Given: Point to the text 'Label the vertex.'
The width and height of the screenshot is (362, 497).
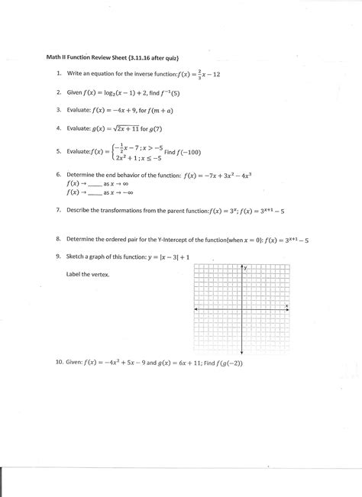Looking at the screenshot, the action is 86,275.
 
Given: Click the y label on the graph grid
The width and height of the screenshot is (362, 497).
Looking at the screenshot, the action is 246,268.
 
